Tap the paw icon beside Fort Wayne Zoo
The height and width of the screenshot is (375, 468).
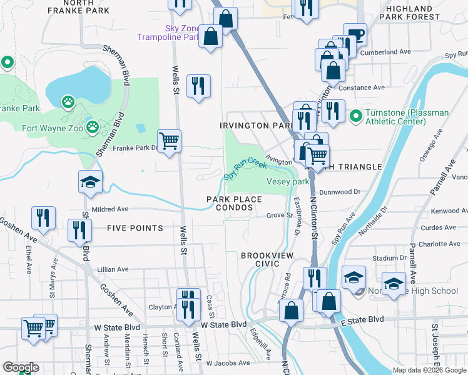point(93,127)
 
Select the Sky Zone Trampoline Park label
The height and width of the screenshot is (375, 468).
point(182,32)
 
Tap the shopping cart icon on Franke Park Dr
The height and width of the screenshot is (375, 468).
point(169,141)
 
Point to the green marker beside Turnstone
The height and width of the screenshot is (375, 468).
point(355,116)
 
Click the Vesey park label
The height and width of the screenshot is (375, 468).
point(288,181)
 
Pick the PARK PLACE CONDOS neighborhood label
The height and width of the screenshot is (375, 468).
point(233,203)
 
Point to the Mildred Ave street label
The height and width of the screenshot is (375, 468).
point(109,209)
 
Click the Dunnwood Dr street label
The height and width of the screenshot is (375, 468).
point(340,192)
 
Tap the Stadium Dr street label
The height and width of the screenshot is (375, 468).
point(385,257)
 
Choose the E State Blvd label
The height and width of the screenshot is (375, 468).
point(362,319)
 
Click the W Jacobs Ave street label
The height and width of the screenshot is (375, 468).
point(228,362)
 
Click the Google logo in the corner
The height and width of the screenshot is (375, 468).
point(20,367)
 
